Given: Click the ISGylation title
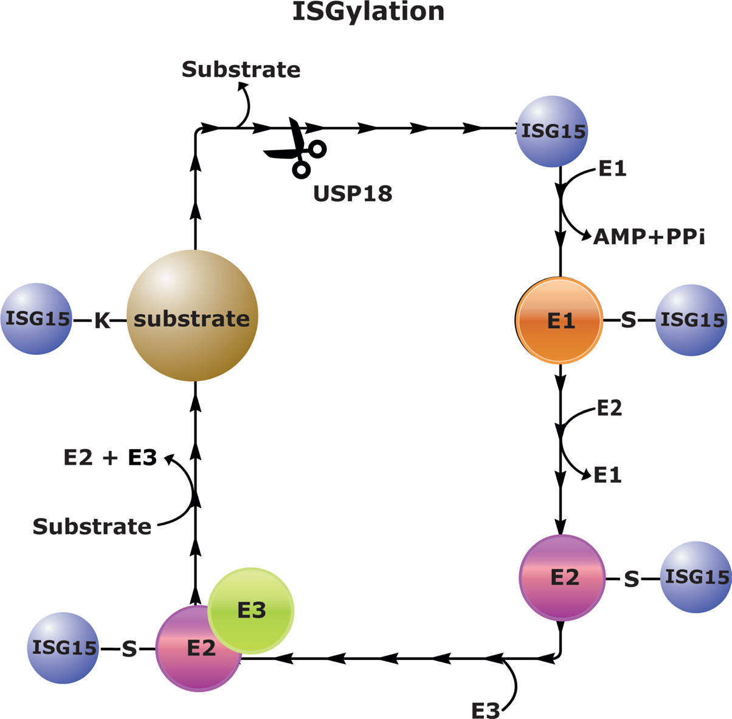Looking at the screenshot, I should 368,12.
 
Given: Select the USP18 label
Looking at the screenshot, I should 353,193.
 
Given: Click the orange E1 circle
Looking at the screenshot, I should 559,320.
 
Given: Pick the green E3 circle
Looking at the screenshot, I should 252,610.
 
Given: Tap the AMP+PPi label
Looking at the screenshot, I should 649,236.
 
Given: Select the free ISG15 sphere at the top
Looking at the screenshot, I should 552,131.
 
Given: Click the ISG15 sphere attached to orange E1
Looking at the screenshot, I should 692,320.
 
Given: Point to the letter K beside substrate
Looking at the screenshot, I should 102,320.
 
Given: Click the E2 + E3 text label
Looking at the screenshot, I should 110,457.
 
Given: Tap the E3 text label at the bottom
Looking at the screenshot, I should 486,710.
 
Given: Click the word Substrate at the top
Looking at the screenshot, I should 241,69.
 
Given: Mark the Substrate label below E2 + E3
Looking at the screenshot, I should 92,526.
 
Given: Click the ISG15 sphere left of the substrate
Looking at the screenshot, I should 36,318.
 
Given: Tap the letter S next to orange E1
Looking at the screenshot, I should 628,320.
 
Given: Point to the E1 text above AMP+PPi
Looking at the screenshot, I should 612,168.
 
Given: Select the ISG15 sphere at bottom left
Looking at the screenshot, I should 63,648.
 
